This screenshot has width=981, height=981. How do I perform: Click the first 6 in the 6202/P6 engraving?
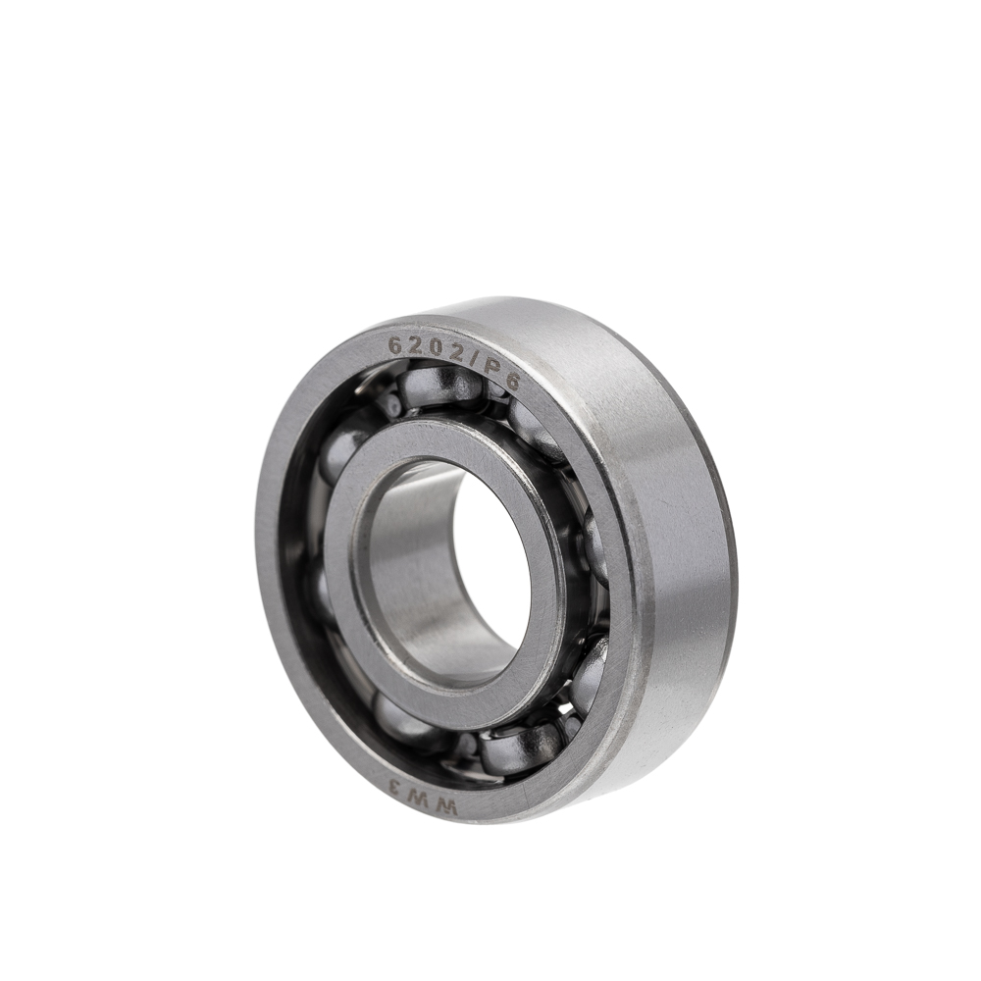395,344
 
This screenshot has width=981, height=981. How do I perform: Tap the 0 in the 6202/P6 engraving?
437,349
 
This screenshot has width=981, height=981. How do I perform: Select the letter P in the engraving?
493,369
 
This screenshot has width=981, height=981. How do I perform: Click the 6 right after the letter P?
511,381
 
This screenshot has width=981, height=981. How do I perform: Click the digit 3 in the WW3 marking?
395,787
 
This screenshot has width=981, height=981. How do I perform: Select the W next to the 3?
421,799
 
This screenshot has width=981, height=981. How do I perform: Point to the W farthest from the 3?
448,807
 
